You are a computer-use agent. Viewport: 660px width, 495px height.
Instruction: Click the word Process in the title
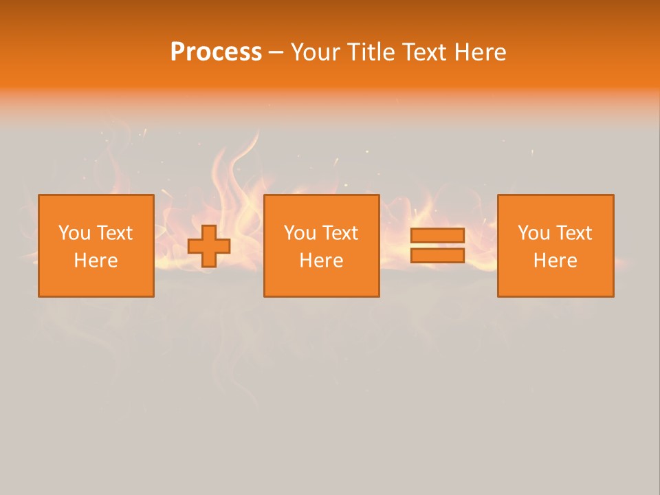pos(216,52)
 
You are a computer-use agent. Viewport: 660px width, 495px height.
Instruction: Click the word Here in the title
pos(481,52)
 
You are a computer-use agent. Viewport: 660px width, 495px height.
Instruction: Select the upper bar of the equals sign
pos(437,235)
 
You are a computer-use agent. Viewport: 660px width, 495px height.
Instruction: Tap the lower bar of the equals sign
pos(437,256)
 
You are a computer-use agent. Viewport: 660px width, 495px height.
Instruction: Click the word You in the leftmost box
pos(74,233)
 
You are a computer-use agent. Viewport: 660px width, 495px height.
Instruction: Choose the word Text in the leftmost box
pos(114,233)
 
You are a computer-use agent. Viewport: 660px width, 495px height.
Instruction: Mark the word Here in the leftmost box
pos(96,261)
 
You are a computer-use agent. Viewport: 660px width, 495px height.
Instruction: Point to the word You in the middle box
pos(300,233)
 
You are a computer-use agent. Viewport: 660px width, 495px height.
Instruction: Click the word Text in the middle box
pos(340,233)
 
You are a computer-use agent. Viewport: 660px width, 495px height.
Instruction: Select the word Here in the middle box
pos(321,261)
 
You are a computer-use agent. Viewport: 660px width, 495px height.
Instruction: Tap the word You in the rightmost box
pos(533,233)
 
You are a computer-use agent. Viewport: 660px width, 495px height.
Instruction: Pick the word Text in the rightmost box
pos(573,233)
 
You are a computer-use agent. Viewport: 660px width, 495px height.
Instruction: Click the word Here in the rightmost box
pos(555,261)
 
